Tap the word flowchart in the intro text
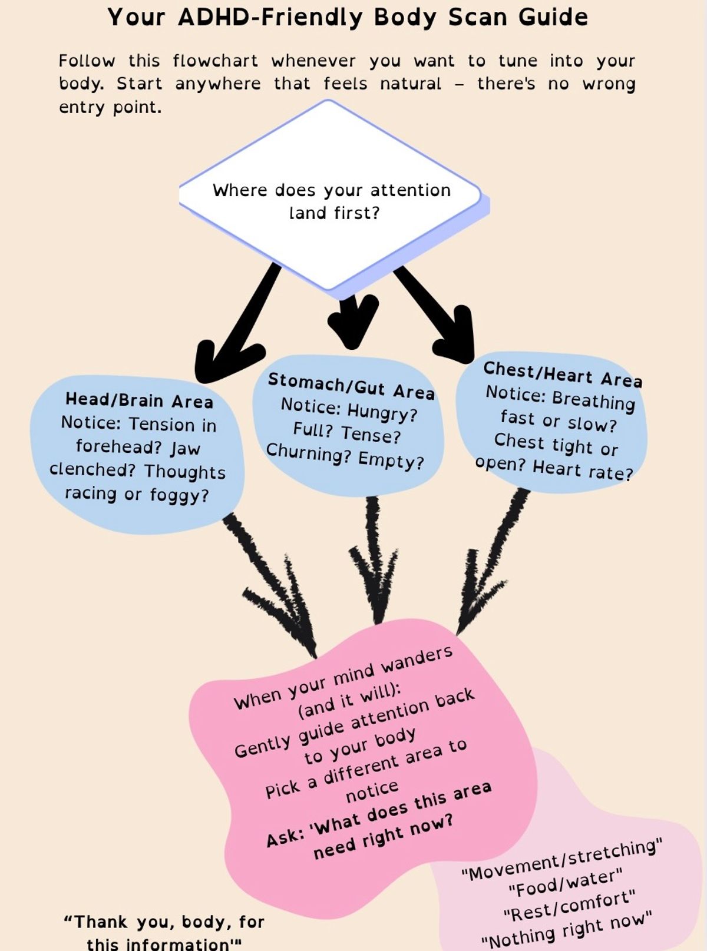[x=215, y=61]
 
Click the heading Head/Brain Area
[x=139, y=400]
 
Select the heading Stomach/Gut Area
[x=351, y=386]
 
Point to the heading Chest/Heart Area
[x=563, y=375]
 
